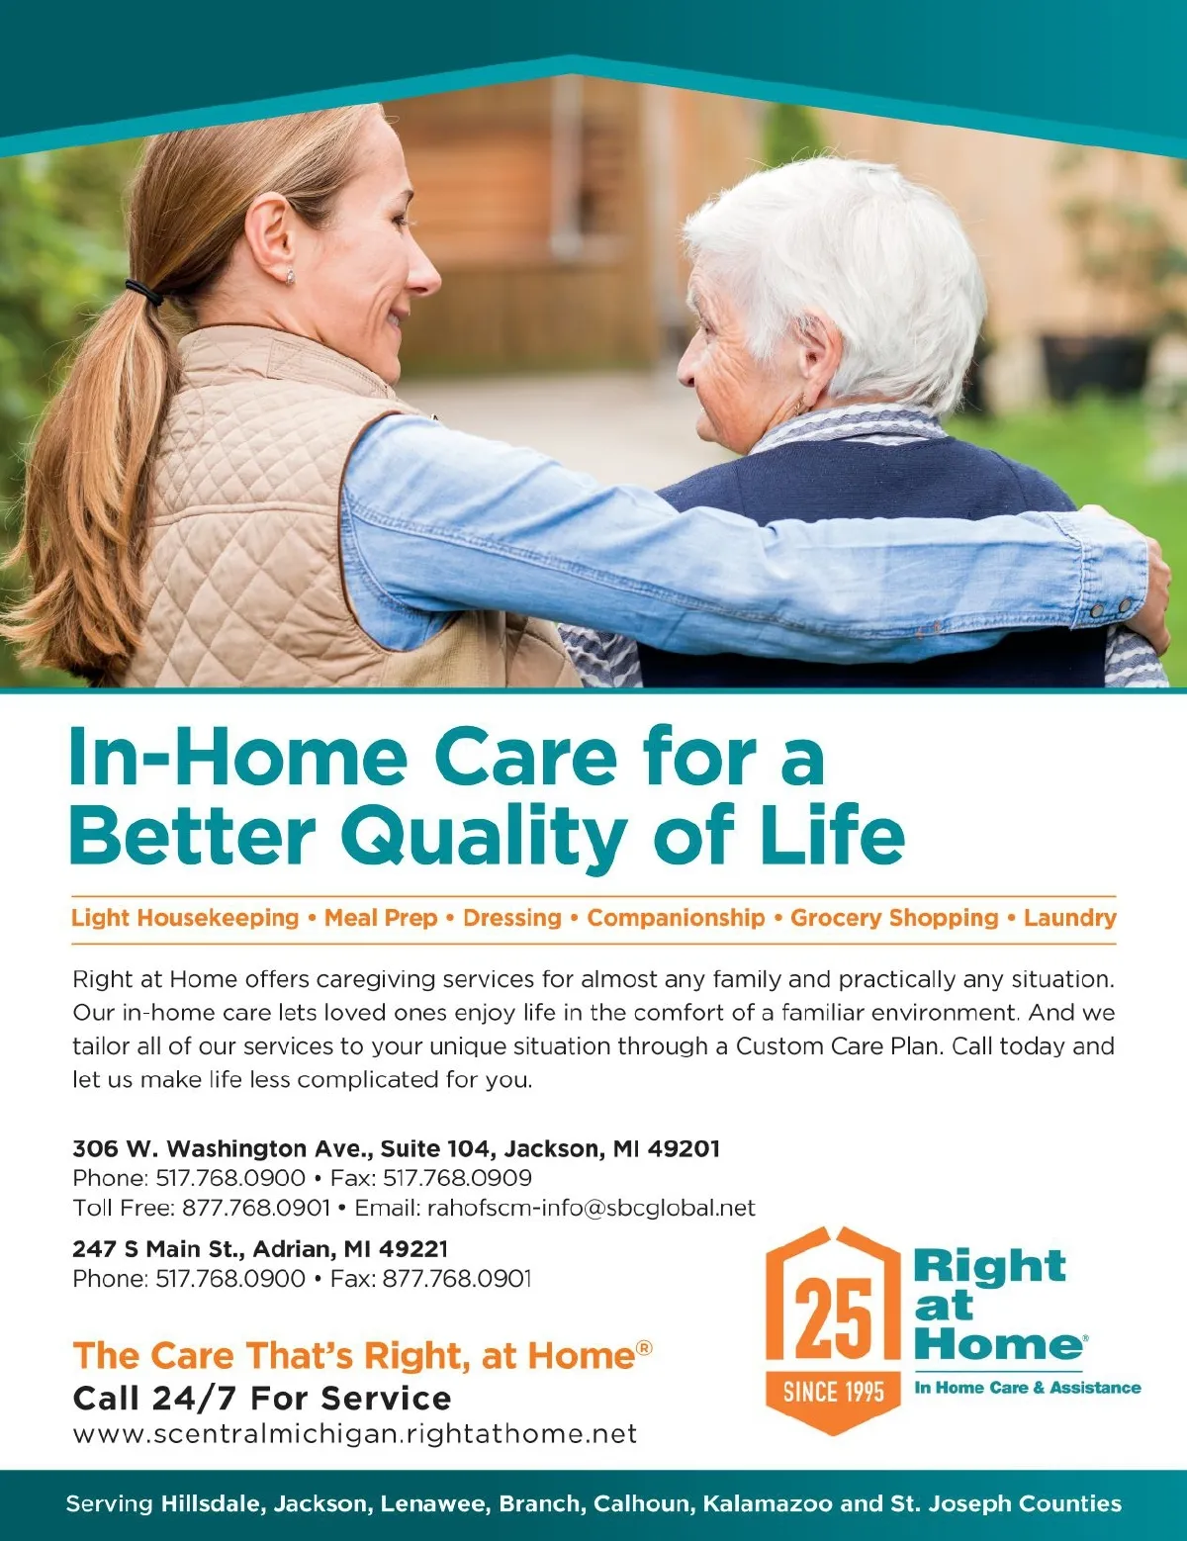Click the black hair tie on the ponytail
pyautogui.click(x=144, y=292)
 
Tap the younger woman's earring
pyautogui.click(x=290, y=277)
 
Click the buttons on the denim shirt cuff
pyautogui.click(x=1111, y=607)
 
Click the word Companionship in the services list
pyautogui.click(x=676, y=918)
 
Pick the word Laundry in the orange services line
pyautogui.click(x=1069, y=918)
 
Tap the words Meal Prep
pyautogui.click(x=381, y=918)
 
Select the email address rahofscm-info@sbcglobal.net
pyautogui.click(x=591, y=1208)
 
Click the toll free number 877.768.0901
pyautogui.click(x=256, y=1208)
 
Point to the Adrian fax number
pyautogui.click(x=457, y=1279)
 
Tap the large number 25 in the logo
pyautogui.click(x=833, y=1316)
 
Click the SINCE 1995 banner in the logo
pyautogui.click(x=833, y=1392)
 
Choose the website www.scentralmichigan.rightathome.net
pyautogui.click(x=354, y=1434)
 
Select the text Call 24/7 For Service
pyautogui.click(x=262, y=1398)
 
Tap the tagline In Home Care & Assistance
pyautogui.click(x=1028, y=1387)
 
